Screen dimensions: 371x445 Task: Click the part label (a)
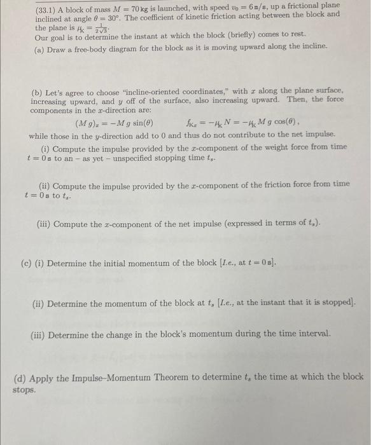(x=39, y=46)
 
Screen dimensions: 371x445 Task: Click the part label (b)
(x=38, y=92)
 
